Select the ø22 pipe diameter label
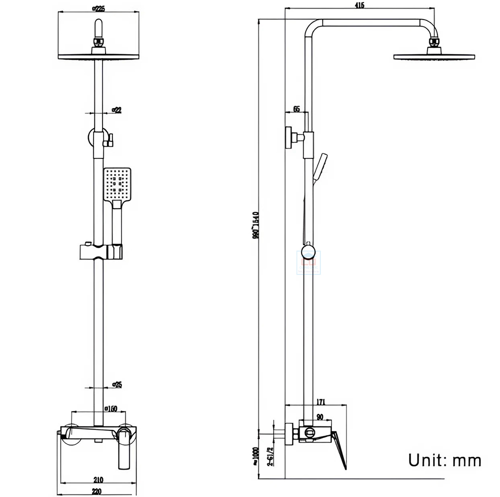point(116,109)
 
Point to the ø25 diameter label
point(117,384)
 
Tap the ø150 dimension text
point(110,409)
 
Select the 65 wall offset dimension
point(296,109)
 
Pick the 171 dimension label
point(321,401)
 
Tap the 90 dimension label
point(319,416)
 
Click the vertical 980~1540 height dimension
point(255,224)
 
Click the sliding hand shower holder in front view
point(100,251)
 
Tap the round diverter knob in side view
point(308,251)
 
